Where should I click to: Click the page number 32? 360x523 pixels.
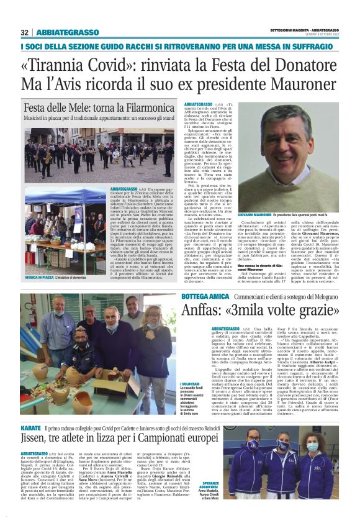click(x=24, y=32)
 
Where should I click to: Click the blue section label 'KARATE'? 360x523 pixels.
click(x=30, y=428)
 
